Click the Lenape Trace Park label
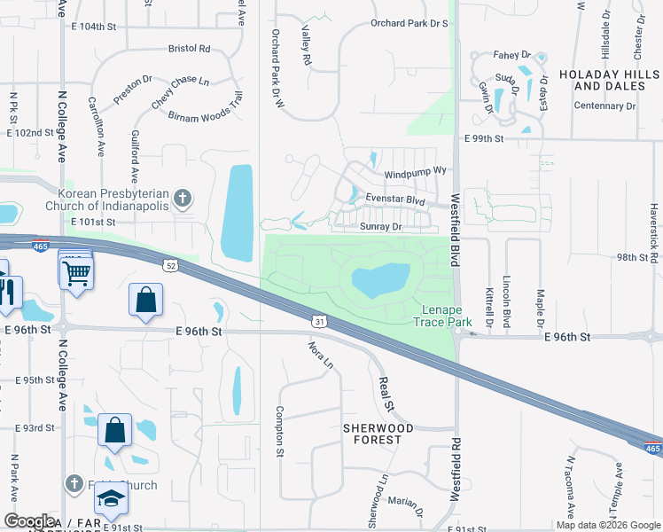pyautogui.click(x=442, y=316)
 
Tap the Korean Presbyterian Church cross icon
pyautogui.click(x=183, y=199)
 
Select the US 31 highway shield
pyautogui.click(x=317, y=319)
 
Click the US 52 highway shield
pyautogui.click(x=169, y=264)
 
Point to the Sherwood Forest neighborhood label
pyautogui.click(x=378, y=434)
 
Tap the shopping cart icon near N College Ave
pyautogui.click(x=76, y=271)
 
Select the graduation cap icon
pyautogui.click(x=113, y=499)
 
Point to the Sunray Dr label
pyautogui.click(x=382, y=227)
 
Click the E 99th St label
pyautogui.click(x=483, y=139)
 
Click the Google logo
pyautogui.click(x=29, y=521)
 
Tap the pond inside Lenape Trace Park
pyautogui.click(x=380, y=281)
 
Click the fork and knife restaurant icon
pyautogui.click(x=10, y=293)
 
